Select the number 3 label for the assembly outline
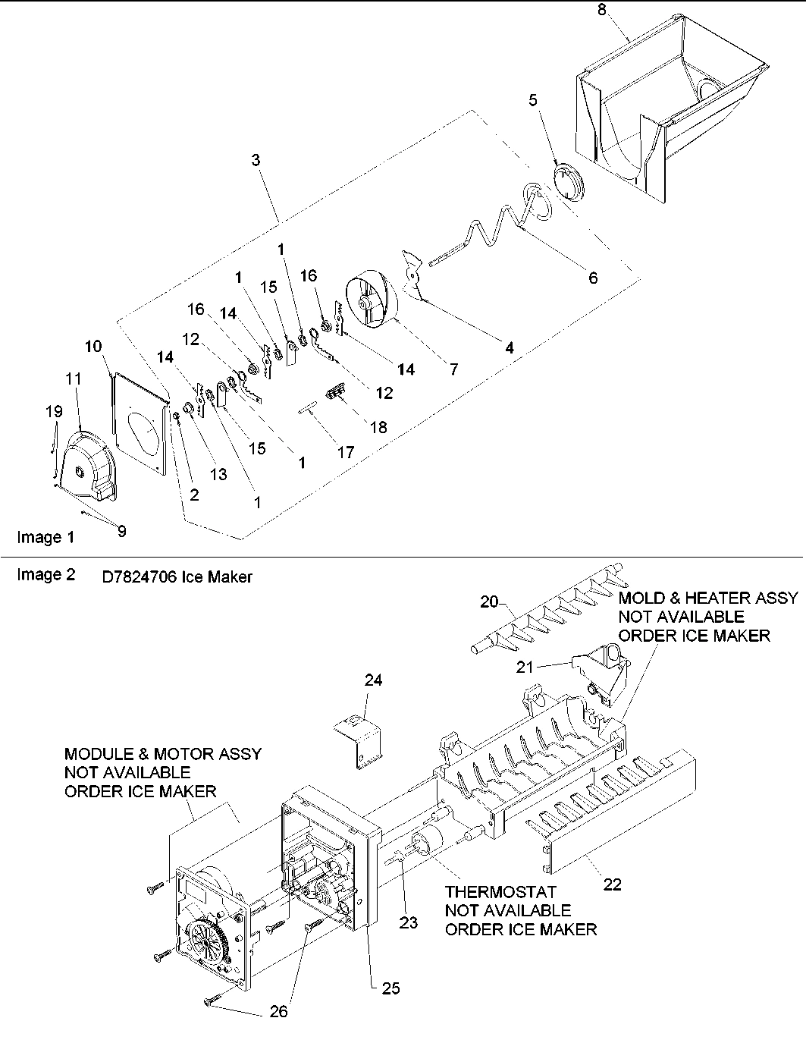coord(256,160)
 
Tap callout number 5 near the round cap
coord(533,99)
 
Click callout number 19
coord(53,412)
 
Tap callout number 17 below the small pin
coord(345,452)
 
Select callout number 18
coord(377,427)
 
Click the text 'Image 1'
coord(45,537)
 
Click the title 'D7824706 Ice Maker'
coord(177,577)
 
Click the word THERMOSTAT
coord(500,892)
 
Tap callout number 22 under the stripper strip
coord(612,884)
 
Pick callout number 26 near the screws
coord(278,1011)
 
